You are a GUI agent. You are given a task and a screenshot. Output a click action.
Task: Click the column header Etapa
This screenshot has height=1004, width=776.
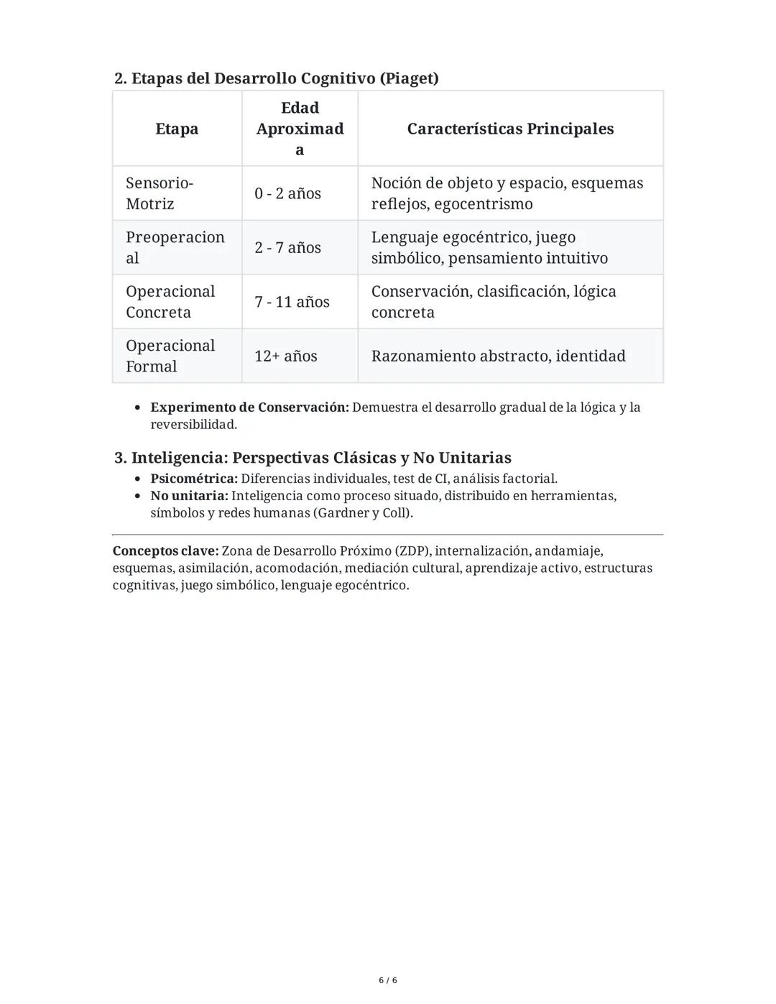(x=177, y=129)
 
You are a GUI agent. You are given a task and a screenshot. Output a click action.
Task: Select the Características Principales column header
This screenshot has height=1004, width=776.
(x=510, y=129)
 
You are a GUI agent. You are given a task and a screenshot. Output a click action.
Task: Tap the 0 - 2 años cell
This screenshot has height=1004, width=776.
(x=287, y=193)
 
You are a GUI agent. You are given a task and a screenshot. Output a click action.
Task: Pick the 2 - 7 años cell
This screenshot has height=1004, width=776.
(x=287, y=247)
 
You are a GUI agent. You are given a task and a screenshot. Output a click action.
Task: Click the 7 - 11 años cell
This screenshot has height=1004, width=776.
(x=292, y=302)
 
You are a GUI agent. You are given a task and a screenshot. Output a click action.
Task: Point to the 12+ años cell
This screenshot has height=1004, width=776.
(x=285, y=356)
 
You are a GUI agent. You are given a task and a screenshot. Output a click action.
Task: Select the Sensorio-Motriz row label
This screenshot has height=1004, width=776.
(x=159, y=193)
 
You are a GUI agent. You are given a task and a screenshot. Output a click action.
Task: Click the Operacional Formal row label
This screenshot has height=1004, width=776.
(x=170, y=356)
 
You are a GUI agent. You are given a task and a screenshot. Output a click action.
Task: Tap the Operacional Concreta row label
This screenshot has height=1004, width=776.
(x=170, y=302)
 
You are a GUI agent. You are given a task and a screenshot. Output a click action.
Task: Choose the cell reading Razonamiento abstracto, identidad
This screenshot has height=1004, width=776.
(x=498, y=356)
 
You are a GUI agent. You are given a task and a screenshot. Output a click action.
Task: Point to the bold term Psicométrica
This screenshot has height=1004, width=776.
(x=193, y=479)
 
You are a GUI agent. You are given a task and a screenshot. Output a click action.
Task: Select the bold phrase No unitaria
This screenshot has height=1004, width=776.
(x=189, y=496)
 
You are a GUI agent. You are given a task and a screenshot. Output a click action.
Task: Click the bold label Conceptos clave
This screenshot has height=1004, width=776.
(x=165, y=551)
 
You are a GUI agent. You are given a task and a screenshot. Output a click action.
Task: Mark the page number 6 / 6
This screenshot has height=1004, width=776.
(x=388, y=980)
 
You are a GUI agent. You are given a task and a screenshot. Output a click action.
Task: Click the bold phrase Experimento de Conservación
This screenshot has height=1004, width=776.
(x=249, y=407)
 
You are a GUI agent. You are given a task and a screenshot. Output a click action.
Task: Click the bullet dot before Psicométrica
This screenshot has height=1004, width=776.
(x=138, y=479)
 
